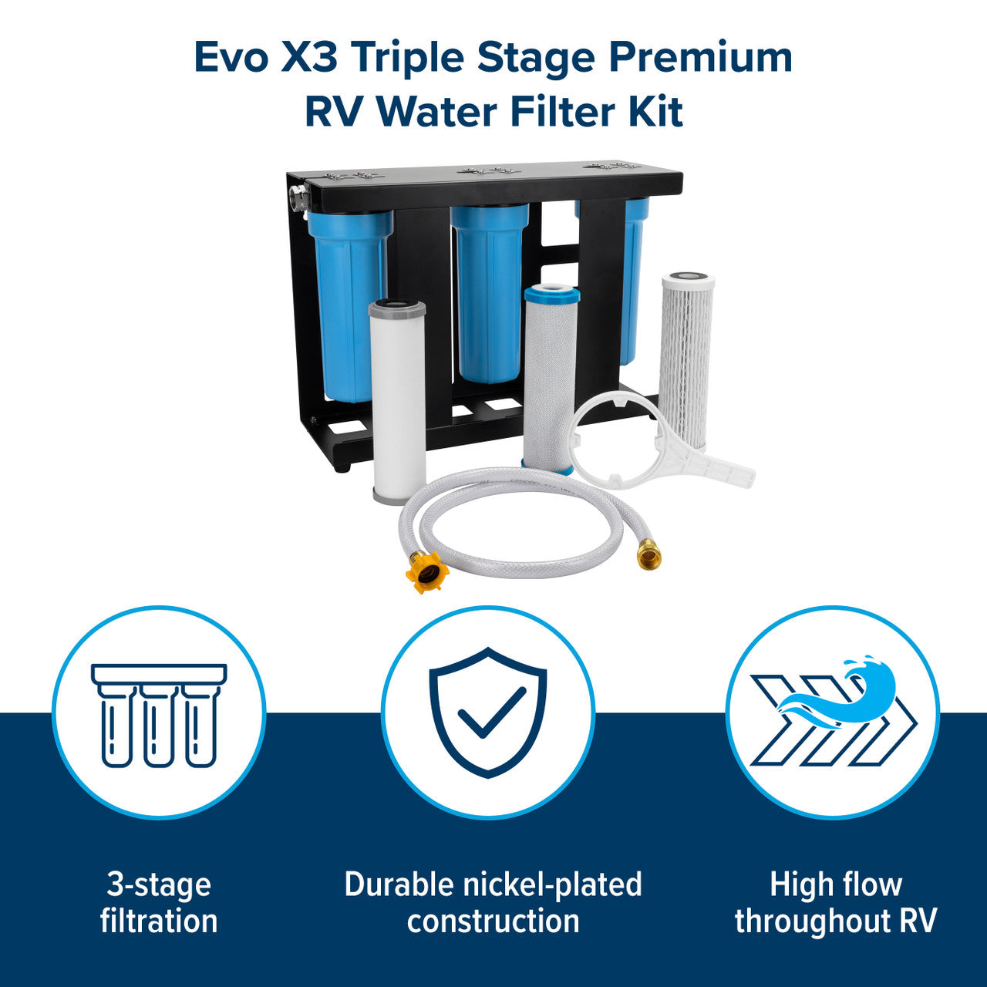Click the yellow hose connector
tap(426, 571)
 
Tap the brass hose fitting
tap(649, 553)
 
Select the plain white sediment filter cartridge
tap(397, 401)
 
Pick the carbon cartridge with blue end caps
tap(549, 378)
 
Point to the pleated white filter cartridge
tap(686, 359)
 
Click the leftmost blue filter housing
tap(349, 301)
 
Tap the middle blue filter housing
tap(489, 293)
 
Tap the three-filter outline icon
tap(159, 714)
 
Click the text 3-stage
tap(159, 884)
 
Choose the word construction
tap(493, 921)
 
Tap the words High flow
tap(836, 884)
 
